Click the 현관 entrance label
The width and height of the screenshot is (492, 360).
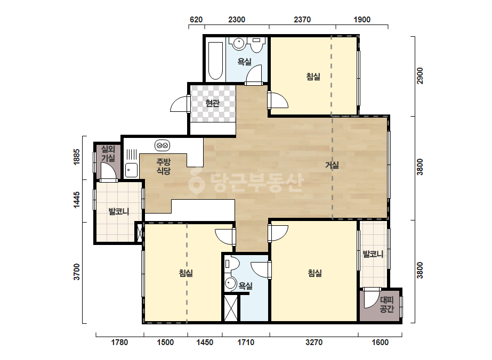click(213, 103)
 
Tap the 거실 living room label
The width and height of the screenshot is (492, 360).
click(332, 165)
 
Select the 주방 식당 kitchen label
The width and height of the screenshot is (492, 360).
click(164, 167)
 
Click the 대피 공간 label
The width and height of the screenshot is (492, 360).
click(386, 305)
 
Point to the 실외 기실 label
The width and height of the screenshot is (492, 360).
click(108, 154)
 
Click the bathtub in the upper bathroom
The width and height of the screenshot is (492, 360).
click(215, 61)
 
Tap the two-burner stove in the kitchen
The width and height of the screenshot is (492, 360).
click(162, 145)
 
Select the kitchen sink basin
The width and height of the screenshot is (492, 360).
click(131, 170)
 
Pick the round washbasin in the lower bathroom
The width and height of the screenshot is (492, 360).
click(231, 284)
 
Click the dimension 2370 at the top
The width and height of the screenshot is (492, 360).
click(302, 20)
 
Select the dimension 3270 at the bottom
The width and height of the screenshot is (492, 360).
click(314, 342)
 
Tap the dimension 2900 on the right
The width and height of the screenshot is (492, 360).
click(420, 76)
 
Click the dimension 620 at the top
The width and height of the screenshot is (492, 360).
click(196, 20)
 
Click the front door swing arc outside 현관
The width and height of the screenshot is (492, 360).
click(180, 104)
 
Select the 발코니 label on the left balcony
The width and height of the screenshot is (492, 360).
click(119, 211)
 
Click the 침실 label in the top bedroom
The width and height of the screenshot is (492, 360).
click(313, 77)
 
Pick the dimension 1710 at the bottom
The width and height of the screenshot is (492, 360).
click(246, 342)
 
